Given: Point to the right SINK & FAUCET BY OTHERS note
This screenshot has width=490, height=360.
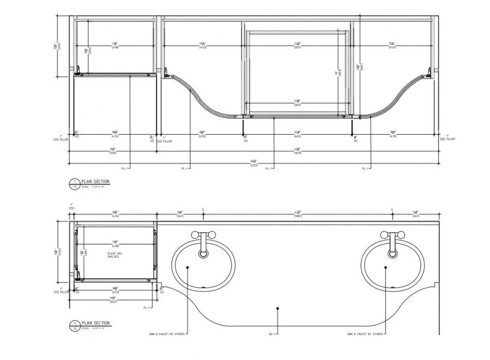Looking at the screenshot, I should pos(364,334).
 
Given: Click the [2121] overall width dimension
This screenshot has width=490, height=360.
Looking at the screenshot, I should pos(253,163).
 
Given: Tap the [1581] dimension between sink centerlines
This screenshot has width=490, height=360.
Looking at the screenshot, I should pos(297,215).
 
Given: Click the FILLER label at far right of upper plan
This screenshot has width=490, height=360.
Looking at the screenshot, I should pos(450,139).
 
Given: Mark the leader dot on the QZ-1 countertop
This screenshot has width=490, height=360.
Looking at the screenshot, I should pos(278,308).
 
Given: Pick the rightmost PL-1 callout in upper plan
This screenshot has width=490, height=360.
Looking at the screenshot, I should pos(366,169).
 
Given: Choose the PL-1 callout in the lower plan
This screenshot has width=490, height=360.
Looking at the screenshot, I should pos(147,308).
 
